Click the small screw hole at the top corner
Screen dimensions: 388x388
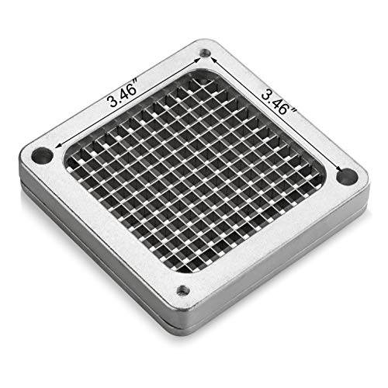[x=206, y=53]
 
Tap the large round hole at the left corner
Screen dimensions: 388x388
[x=42, y=155]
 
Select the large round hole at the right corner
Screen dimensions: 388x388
[x=348, y=177]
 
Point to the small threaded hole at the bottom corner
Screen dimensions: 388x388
[x=183, y=290]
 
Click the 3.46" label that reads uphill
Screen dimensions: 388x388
[x=123, y=92]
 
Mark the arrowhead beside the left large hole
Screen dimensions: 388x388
[x=58, y=146]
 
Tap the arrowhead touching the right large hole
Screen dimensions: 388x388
[x=338, y=168]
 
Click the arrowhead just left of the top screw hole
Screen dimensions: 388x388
[x=197, y=61]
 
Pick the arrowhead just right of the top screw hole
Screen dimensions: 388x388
[x=213, y=60]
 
